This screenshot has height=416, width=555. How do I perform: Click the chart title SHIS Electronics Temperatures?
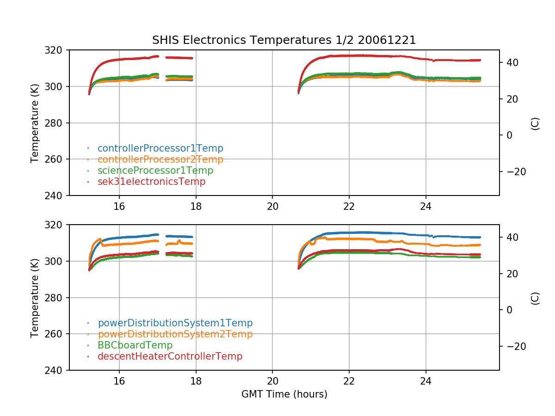[x=284, y=40]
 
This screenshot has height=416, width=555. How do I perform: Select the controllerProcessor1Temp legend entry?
[x=160, y=148]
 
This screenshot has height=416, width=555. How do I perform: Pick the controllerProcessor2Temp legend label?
[x=160, y=159]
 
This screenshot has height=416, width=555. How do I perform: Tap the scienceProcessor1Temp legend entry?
[x=155, y=171]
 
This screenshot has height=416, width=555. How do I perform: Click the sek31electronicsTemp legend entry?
[x=151, y=182]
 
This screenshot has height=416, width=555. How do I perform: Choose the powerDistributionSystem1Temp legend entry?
[x=175, y=323]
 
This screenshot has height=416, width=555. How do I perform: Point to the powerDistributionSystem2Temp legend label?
[x=175, y=334]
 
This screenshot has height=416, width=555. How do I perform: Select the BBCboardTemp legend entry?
[x=135, y=345]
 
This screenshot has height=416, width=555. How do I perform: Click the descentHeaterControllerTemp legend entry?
[x=170, y=356]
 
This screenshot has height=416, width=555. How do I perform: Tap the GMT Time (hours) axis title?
[x=284, y=394]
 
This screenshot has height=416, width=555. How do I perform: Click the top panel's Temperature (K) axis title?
[x=35, y=122]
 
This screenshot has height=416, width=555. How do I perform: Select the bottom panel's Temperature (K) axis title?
[x=35, y=297]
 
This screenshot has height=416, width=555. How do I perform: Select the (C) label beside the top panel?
[x=535, y=123]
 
